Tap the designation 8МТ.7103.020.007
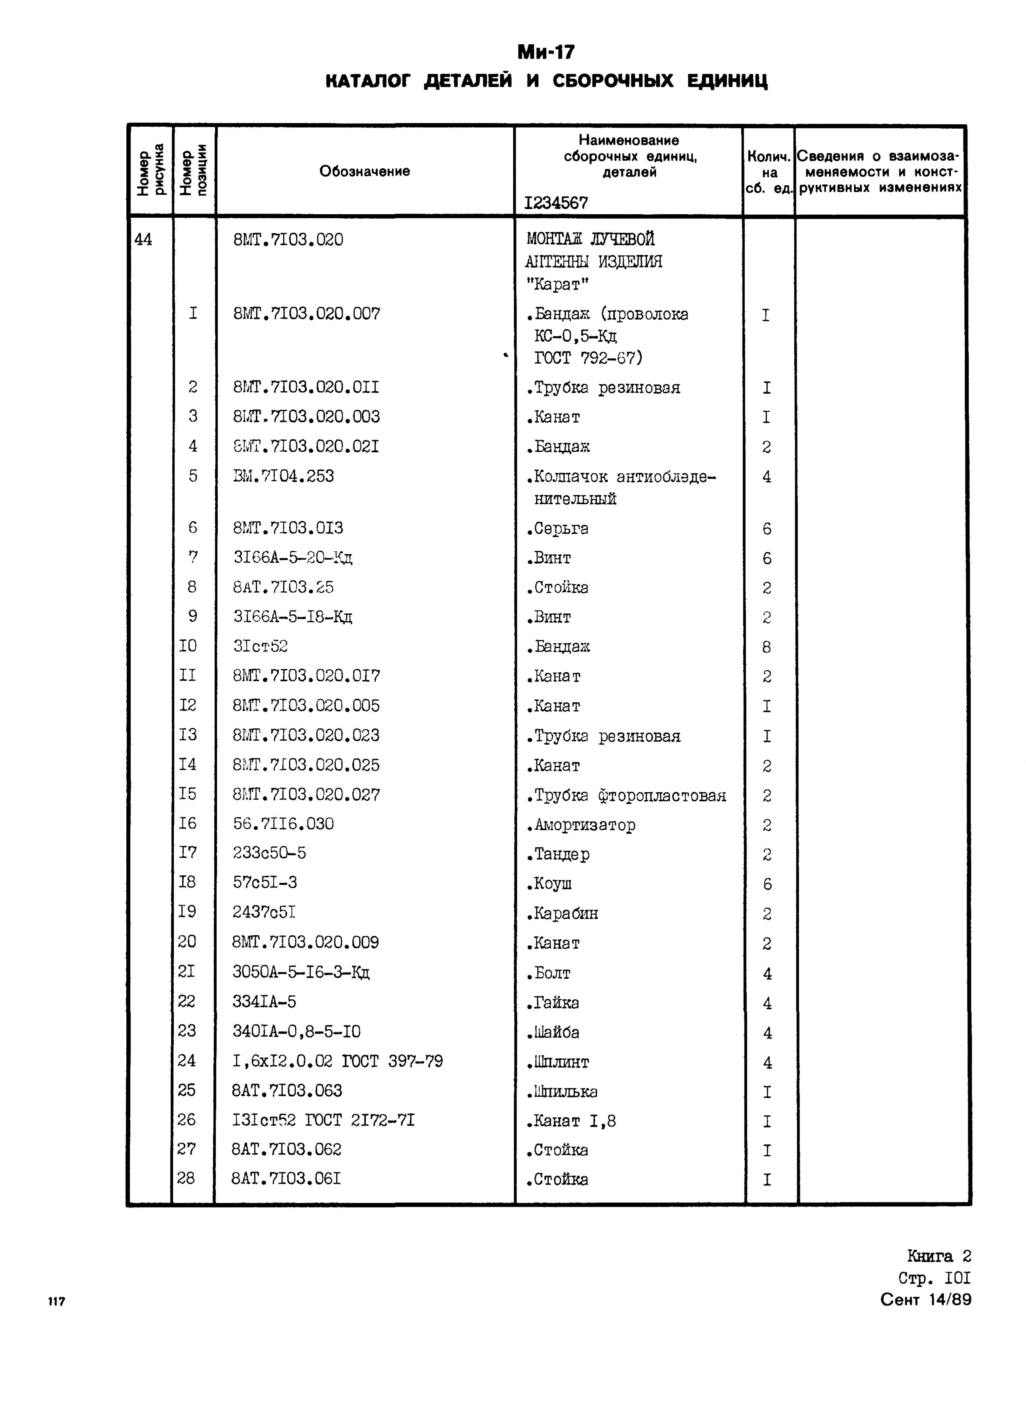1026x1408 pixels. coord(306,314)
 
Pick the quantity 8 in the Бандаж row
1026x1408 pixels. coord(767,648)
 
